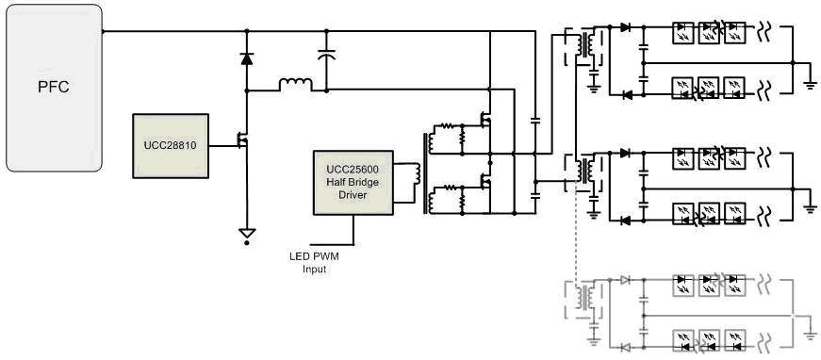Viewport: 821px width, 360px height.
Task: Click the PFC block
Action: (54, 88)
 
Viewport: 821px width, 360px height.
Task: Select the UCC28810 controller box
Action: (171, 146)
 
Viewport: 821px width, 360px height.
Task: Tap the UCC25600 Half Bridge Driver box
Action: (353, 183)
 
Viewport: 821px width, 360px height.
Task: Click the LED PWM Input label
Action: (314, 263)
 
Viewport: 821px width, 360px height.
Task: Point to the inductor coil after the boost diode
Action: (296, 85)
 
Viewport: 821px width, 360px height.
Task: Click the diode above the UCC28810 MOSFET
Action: (247, 59)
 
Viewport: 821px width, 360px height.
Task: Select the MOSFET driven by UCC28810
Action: (242, 140)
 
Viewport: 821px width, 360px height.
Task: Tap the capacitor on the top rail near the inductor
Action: (327, 54)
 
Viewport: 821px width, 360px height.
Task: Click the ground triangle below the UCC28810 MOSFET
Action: (247, 233)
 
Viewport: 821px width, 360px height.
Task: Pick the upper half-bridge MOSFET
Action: (485, 121)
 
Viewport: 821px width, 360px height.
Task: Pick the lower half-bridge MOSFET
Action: (485, 181)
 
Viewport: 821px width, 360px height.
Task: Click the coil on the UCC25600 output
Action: (417, 173)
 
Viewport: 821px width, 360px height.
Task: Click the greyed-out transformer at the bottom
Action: (584, 297)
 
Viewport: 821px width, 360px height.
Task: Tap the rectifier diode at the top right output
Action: (625, 27)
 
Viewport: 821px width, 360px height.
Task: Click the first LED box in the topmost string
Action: (682, 32)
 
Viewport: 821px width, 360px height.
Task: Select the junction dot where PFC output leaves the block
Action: (103, 31)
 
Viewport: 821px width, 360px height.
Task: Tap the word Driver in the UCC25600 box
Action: (353, 195)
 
